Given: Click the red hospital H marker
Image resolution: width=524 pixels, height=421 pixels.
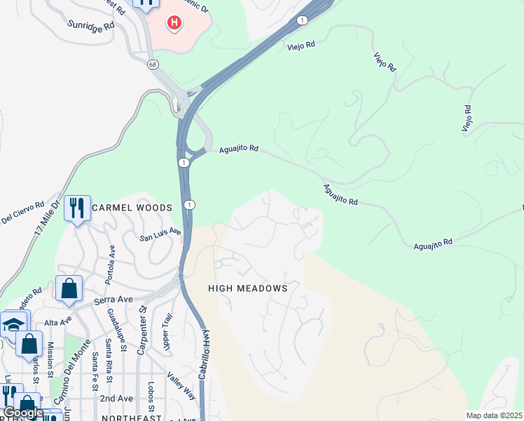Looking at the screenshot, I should pyautogui.click(x=173, y=23).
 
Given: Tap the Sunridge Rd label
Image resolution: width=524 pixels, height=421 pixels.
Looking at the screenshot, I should pyautogui.click(x=91, y=25).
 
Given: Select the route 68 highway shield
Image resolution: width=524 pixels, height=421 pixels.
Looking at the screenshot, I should pyautogui.click(x=153, y=64).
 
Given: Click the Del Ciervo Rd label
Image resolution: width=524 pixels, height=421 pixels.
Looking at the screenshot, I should pyautogui.click(x=22, y=211).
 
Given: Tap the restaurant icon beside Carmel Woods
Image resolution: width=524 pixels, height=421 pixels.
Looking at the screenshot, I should pyautogui.click(x=77, y=208).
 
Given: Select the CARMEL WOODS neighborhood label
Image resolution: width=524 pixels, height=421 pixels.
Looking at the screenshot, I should pyautogui.click(x=132, y=208).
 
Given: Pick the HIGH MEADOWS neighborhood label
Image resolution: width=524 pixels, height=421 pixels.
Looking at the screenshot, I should pyautogui.click(x=248, y=288).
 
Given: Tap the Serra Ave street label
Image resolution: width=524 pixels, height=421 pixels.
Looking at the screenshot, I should pyautogui.click(x=113, y=300).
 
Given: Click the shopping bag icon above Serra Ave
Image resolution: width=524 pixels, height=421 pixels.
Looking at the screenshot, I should pyautogui.click(x=69, y=288).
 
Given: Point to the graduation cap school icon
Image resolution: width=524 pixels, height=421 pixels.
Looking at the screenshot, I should pyautogui.click(x=14, y=324).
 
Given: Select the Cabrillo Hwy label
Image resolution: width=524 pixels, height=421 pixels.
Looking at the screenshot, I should pyautogui.click(x=202, y=354).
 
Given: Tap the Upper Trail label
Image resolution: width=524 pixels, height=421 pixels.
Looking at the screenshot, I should pyautogui.click(x=166, y=332).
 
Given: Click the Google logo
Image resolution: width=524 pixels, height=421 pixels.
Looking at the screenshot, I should pyautogui.click(x=23, y=413).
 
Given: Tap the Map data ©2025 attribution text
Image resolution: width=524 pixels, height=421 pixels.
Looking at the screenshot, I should pyautogui.click(x=494, y=415).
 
